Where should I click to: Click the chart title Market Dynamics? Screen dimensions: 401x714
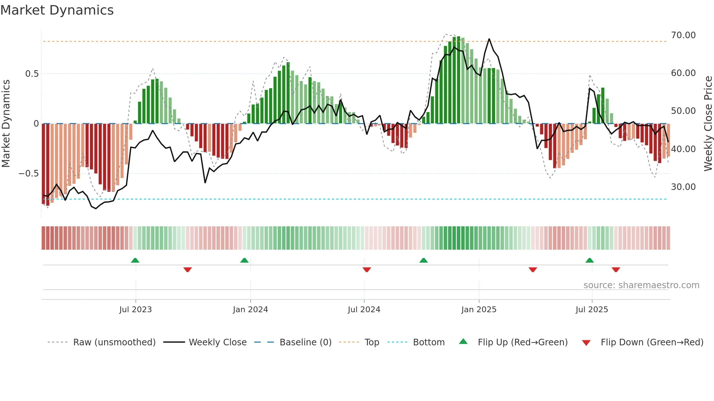[57, 10]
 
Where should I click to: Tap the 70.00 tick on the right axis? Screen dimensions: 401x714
[683, 35]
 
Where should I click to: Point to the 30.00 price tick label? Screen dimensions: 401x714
[683, 187]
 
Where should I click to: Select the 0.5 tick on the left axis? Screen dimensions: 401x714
[32, 74]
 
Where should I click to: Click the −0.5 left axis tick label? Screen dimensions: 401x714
[29, 174]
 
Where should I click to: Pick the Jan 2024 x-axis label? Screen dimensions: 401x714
[250, 310]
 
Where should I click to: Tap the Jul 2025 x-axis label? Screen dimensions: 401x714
[592, 310]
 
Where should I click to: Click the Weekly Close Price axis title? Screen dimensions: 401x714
[708, 124]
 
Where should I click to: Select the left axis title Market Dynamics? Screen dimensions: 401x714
[6, 124]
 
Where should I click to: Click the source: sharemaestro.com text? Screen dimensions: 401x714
[641, 285]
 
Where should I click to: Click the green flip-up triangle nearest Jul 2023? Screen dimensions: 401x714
[135, 261]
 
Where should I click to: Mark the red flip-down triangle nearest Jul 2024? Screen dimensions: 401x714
[367, 270]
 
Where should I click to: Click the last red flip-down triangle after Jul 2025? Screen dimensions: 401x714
[616, 270]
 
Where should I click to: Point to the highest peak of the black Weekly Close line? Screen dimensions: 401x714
[489, 39]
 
